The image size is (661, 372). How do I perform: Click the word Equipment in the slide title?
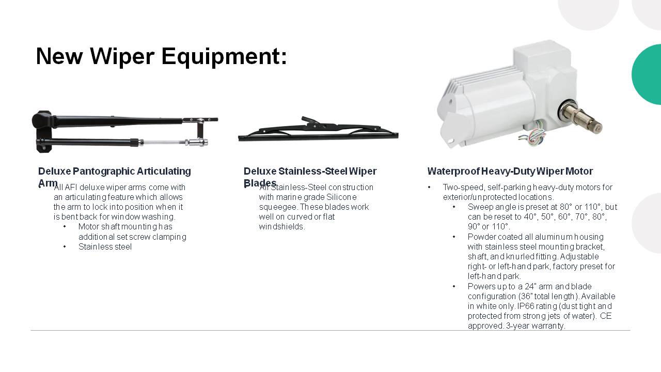click(224, 57)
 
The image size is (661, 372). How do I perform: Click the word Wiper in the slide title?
click(122, 57)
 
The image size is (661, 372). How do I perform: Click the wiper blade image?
click(318, 131)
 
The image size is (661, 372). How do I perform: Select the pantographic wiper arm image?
click(124, 132)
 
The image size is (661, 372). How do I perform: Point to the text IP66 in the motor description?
click(526, 306)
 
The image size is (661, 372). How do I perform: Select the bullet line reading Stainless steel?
click(105, 246)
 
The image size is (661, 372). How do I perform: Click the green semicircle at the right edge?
click(647, 74)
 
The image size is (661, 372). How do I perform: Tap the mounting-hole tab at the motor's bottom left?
click(452, 142)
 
